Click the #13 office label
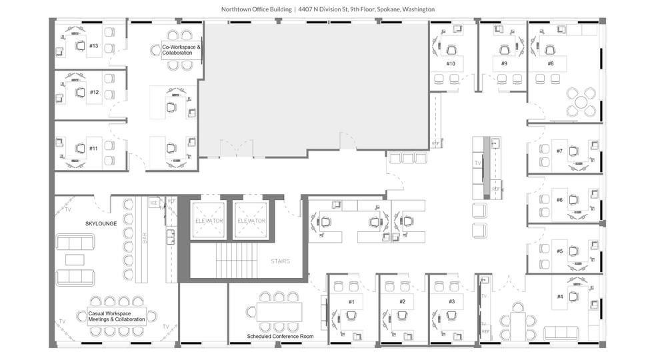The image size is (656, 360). coord(94,46)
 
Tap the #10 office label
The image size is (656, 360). coord(451,63)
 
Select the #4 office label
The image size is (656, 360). coord(559,297)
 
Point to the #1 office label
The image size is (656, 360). coord(350,301)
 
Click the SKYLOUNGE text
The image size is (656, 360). coord(101,223)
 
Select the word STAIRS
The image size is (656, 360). coord(280,261)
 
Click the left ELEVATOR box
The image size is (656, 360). coord(209,221)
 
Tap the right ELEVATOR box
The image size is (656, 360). coord(251,221)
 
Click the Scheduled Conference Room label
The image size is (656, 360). coord(279,337)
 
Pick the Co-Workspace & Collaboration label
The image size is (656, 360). coord(181,50)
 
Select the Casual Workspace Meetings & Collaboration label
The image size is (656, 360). coord(116,316)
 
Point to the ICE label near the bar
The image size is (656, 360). coord(153,203)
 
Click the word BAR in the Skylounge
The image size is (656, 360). coord(145,238)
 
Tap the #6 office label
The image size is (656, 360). coord(559,199)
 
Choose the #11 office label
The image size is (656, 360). coord(94,148)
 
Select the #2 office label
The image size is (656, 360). coord(402,301)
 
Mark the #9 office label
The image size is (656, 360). coord(504,63)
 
